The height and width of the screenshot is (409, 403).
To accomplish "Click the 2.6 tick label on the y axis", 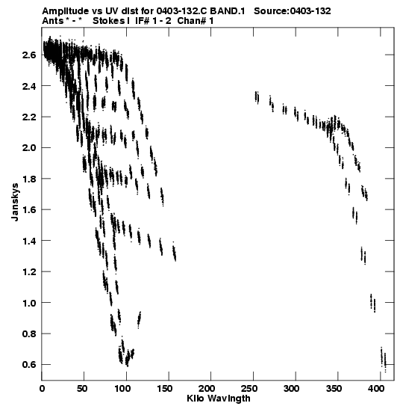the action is pos(28,55).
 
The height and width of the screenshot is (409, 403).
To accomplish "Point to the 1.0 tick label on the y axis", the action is pos(28,303).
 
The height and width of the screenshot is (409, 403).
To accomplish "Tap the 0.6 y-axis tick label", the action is pos(28,364).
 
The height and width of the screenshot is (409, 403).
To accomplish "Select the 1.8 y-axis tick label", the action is pos(28,179).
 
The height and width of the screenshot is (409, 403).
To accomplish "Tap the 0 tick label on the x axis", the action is pos(42,389).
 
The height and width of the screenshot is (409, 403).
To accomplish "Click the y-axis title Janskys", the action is pos(15,202).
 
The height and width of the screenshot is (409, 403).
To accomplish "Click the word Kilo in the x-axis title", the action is pos(196,399).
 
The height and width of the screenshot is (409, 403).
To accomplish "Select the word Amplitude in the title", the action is pos(65,11).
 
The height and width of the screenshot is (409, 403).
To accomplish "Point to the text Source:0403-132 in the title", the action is pos(293,11).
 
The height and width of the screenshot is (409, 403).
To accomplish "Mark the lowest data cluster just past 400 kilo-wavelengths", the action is pos(383,360).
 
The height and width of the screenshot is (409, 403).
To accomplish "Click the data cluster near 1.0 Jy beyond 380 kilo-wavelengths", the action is pos(373,303).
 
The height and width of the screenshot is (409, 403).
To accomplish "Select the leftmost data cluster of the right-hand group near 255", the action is pos(257,97).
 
